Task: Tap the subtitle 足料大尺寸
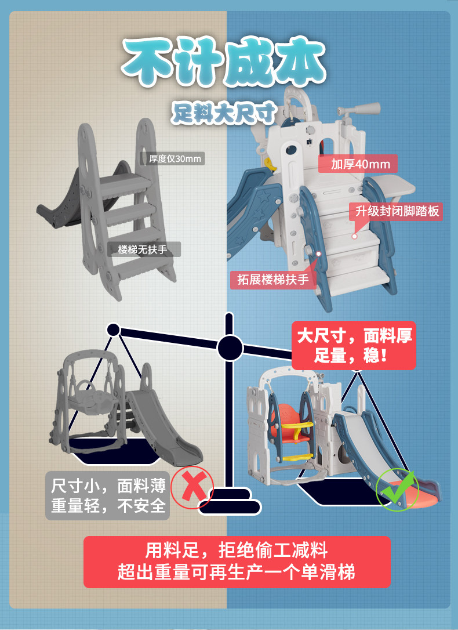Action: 223,114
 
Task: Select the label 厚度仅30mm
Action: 172,158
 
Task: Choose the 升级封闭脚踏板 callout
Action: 397,211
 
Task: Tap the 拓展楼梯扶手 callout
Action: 272,280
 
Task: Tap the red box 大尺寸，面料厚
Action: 354,345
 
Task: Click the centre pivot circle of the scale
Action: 230,348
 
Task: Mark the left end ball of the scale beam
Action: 114,330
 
